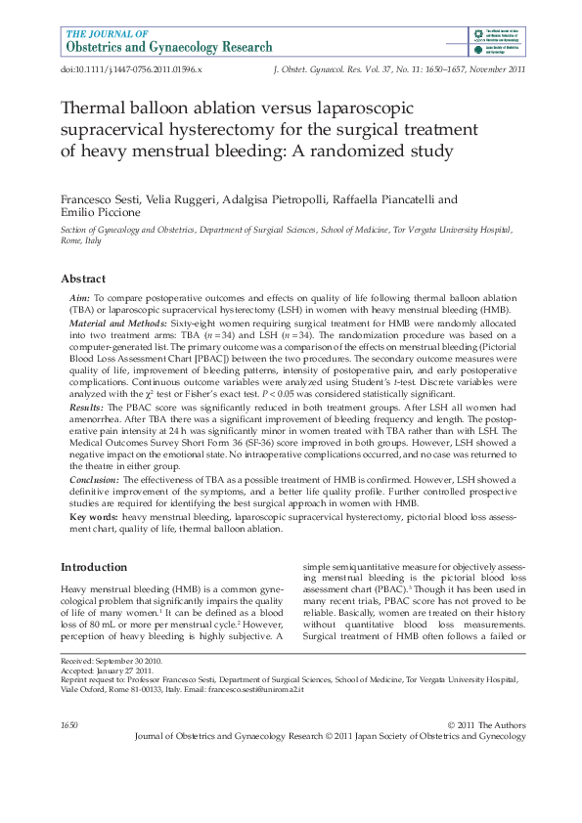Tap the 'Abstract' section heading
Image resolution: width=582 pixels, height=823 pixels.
pos(83,278)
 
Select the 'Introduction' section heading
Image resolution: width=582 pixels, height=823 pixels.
pos(94,567)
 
